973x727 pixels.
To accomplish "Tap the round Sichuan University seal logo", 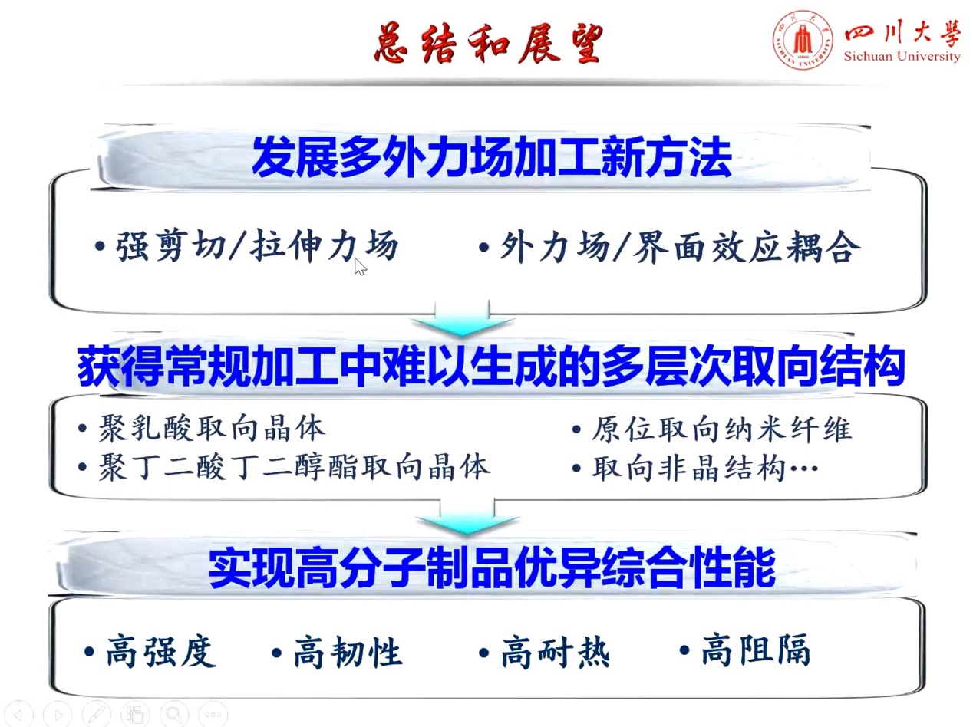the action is coord(803,41).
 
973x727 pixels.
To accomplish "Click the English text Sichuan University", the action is coord(902,56).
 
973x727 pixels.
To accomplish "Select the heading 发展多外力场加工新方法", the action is coord(492,157).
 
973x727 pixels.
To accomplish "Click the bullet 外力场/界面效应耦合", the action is coord(669,247).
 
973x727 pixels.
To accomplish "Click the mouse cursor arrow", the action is coord(361,267).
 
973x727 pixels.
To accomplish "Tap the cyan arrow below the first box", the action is coord(462,317).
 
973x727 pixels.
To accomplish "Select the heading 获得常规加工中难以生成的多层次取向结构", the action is coord(490,367).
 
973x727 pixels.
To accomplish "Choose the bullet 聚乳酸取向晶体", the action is coord(202,429).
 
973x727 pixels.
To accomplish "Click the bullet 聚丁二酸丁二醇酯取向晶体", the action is coord(284,467).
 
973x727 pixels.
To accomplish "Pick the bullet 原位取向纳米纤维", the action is coord(711,429).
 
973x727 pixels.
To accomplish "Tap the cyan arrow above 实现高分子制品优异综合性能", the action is coord(467,517).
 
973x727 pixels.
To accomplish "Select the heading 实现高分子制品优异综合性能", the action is coord(492,568).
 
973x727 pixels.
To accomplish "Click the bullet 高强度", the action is coord(150,652).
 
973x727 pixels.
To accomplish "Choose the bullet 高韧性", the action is coord(337,653).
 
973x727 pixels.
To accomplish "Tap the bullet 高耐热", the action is coord(544,653).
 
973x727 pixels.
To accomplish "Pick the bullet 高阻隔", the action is coord(744,650).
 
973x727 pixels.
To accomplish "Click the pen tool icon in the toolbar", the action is coord(96,714).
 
